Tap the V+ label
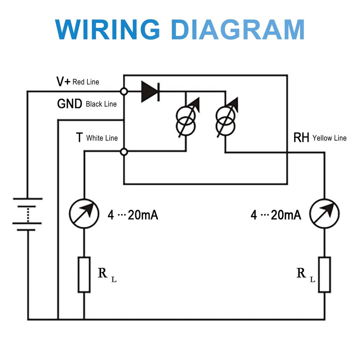tap(64, 82)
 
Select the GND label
tap(69, 104)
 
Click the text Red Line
tap(86, 82)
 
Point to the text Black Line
tap(101, 104)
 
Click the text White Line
tap(102, 138)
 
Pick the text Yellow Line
tap(329, 138)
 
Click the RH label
tap(301, 138)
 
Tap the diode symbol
tap(150, 92)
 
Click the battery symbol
tap(27, 214)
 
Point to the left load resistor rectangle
tap(84, 275)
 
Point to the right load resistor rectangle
tap(324, 275)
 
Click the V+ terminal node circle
tap(123, 92)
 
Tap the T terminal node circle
tap(123, 152)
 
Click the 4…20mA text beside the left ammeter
tap(133, 215)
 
